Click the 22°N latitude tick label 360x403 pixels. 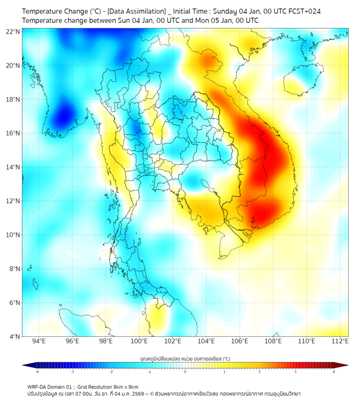(x=13, y=31)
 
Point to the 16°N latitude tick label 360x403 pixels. (x=13, y=133)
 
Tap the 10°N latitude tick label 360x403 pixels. (x=13, y=235)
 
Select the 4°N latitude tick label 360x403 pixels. (x=14, y=336)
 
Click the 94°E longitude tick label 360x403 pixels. (x=39, y=341)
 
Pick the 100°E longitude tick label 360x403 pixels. (x=140, y=341)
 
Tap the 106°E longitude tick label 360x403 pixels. (x=240, y=341)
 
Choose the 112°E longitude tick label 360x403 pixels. (x=340, y=341)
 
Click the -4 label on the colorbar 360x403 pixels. (x=37, y=372)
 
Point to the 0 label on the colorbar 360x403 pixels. (x=185, y=372)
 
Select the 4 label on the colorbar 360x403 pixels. (x=334, y=372)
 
